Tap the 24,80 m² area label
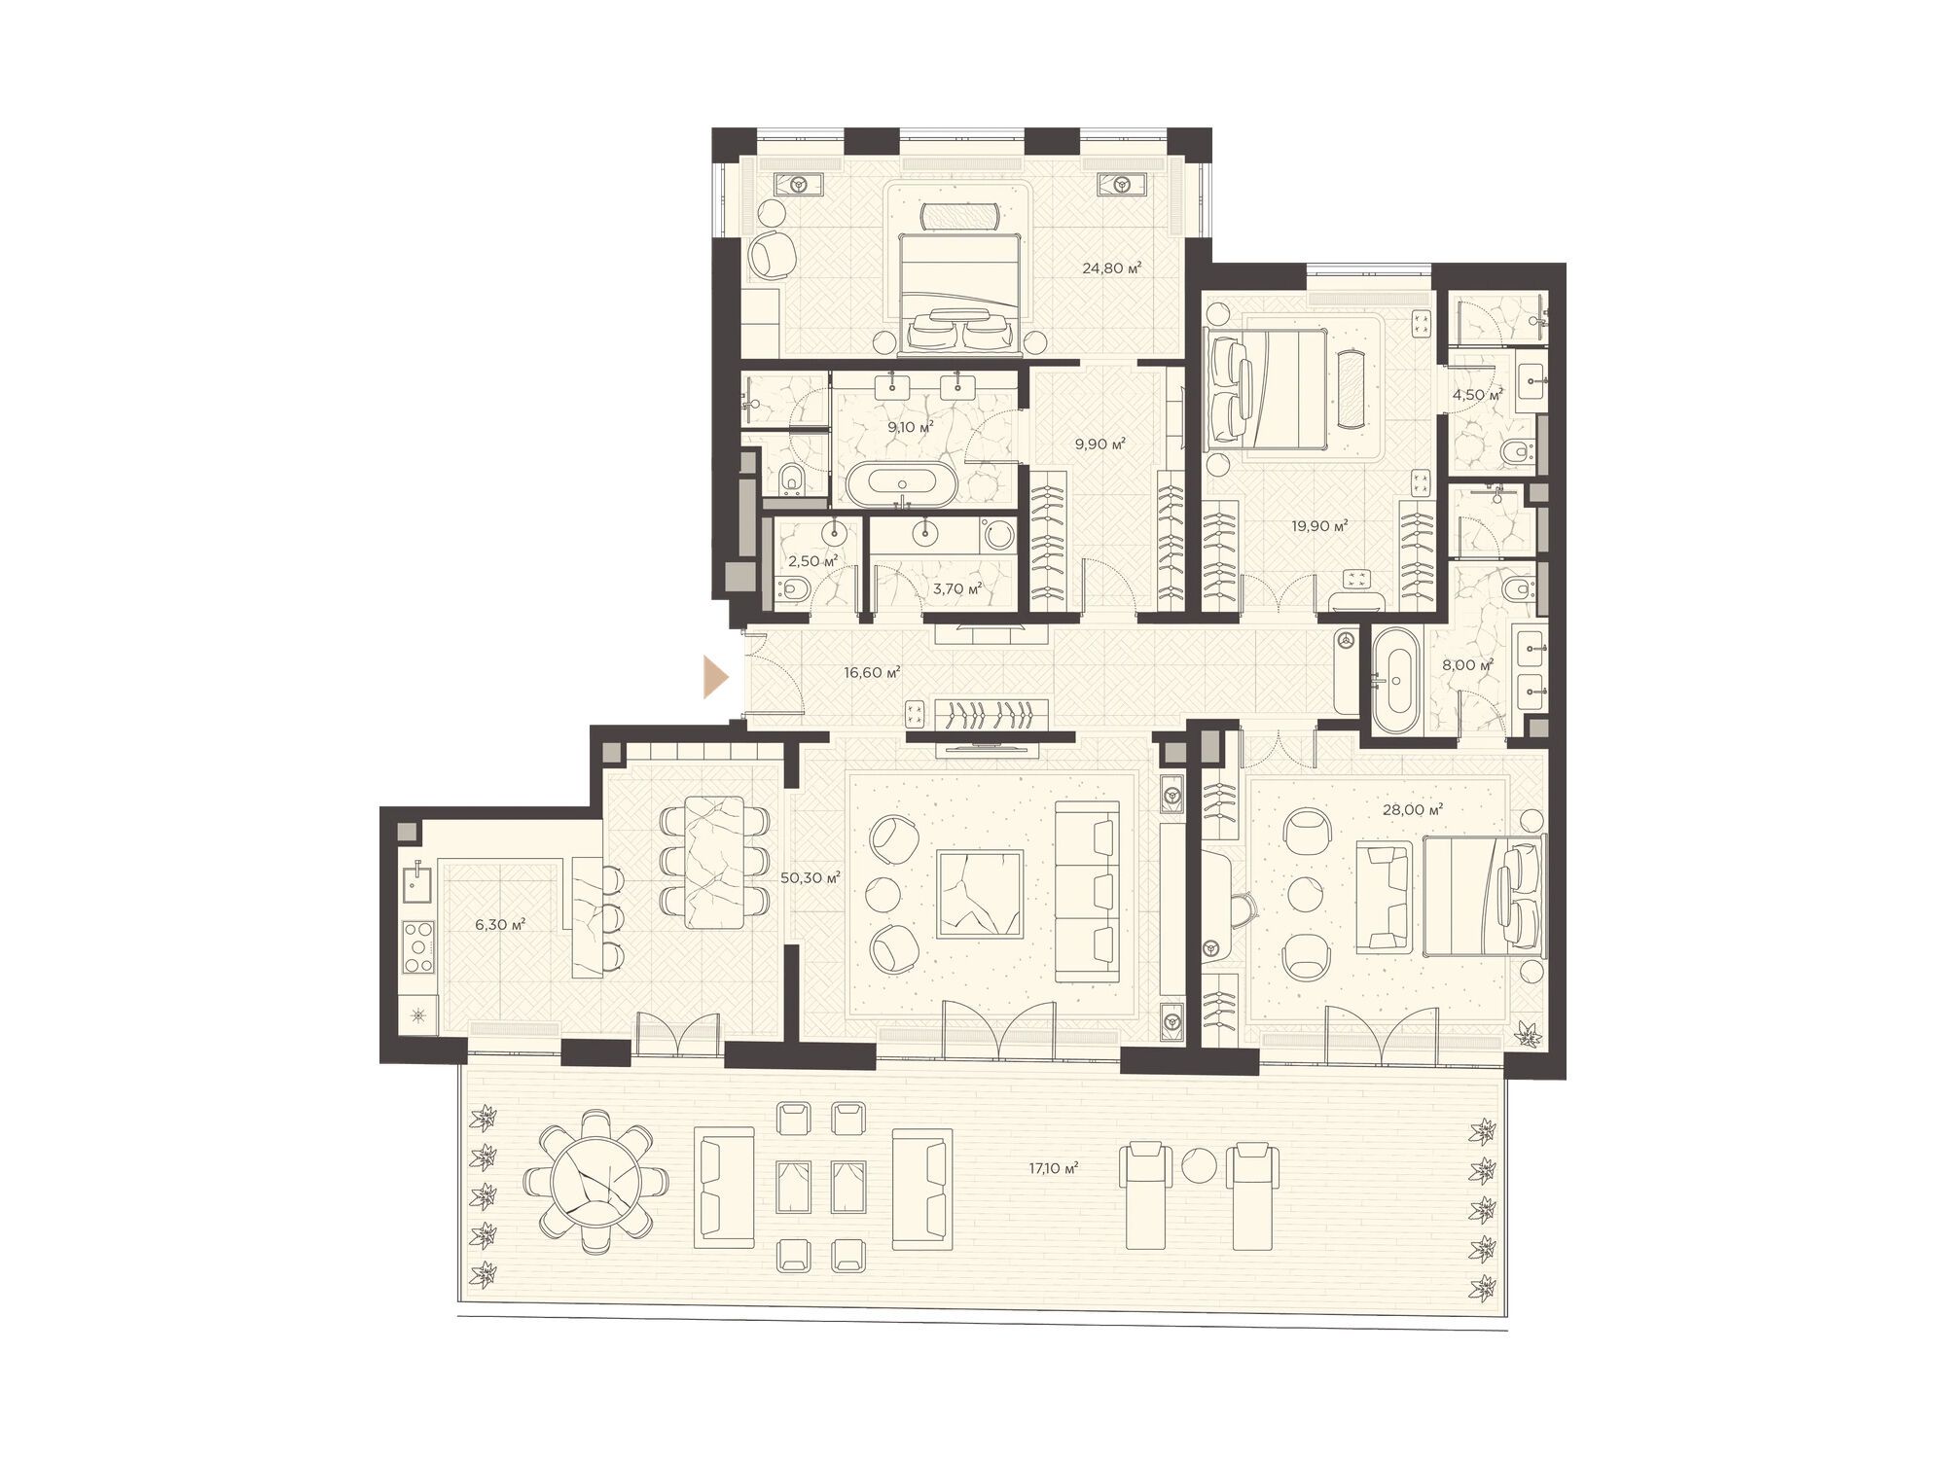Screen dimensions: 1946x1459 pyautogui.click(x=1111, y=267)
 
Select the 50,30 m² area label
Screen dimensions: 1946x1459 pyautogui.click(x=811, y=877)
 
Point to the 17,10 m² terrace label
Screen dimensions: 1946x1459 pyautogui.click(x=1054, y=1168)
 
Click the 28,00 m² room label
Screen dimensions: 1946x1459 pyautogui.click(x=1413, y=809)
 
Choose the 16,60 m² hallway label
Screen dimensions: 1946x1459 pyautogui.click(x=872, y=671)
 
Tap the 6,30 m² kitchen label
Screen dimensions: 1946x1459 pyautogui.click(x=500, y=924)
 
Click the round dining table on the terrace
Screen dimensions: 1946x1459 pyautogui.click(x=595, y=1184)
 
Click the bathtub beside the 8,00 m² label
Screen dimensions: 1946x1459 pyautogui.click(x=1397, y=680)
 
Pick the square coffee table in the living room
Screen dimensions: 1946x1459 pyautogui.click(x=980, y=893)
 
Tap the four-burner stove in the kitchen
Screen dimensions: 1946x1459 pyautogui.click(x=418, y=946)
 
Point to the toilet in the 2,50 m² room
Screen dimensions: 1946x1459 pyautogui.click(x=792, y=587)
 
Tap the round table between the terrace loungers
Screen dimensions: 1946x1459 pyautogui.click(x=1198, y=1164)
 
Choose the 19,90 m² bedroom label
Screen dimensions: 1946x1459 pyautogui.click(x=1319, y=526)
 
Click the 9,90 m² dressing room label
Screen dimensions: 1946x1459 pyautogui.click(x=1099, y=444)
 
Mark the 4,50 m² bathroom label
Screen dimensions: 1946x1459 pyautogui.click(x=1477, y=395)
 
